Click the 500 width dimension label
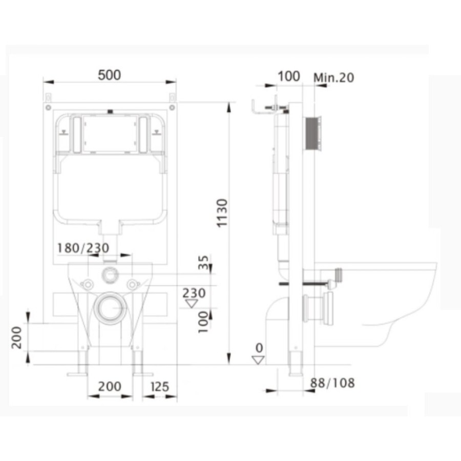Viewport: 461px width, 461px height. tap(109, 75)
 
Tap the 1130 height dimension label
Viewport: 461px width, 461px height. tap(222, 213)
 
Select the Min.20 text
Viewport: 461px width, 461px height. tap(333, 78)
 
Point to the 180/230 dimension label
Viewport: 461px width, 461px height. tap(83, 248)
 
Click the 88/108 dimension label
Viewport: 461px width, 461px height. tap(332, 383)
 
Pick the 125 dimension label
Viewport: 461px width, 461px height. tap(160, 387)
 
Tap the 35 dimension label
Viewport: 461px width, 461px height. tap(203, 262)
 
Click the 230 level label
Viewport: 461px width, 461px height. tap(194, 293)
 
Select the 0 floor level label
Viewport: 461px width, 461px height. tap(259, 348)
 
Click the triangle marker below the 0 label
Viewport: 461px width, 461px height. tap(258, 360)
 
